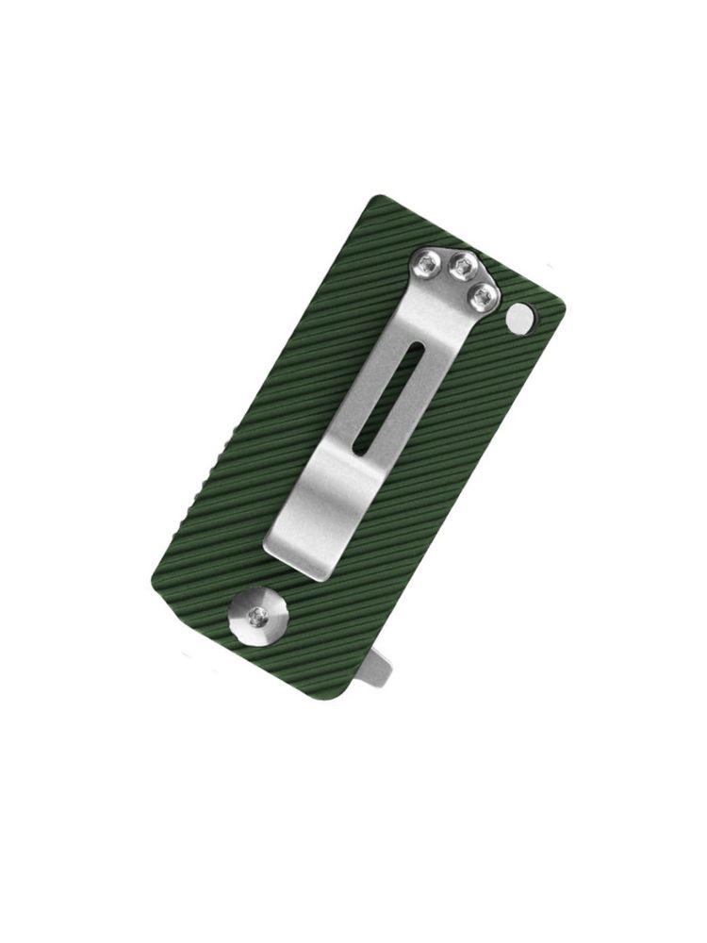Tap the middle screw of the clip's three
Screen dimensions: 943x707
(461, 267)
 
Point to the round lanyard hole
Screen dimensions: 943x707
(518, 318)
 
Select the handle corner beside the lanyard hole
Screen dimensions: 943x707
(561, 306)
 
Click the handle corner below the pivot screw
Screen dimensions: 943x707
(153, 580)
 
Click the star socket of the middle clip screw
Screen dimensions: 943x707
(461, 267)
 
